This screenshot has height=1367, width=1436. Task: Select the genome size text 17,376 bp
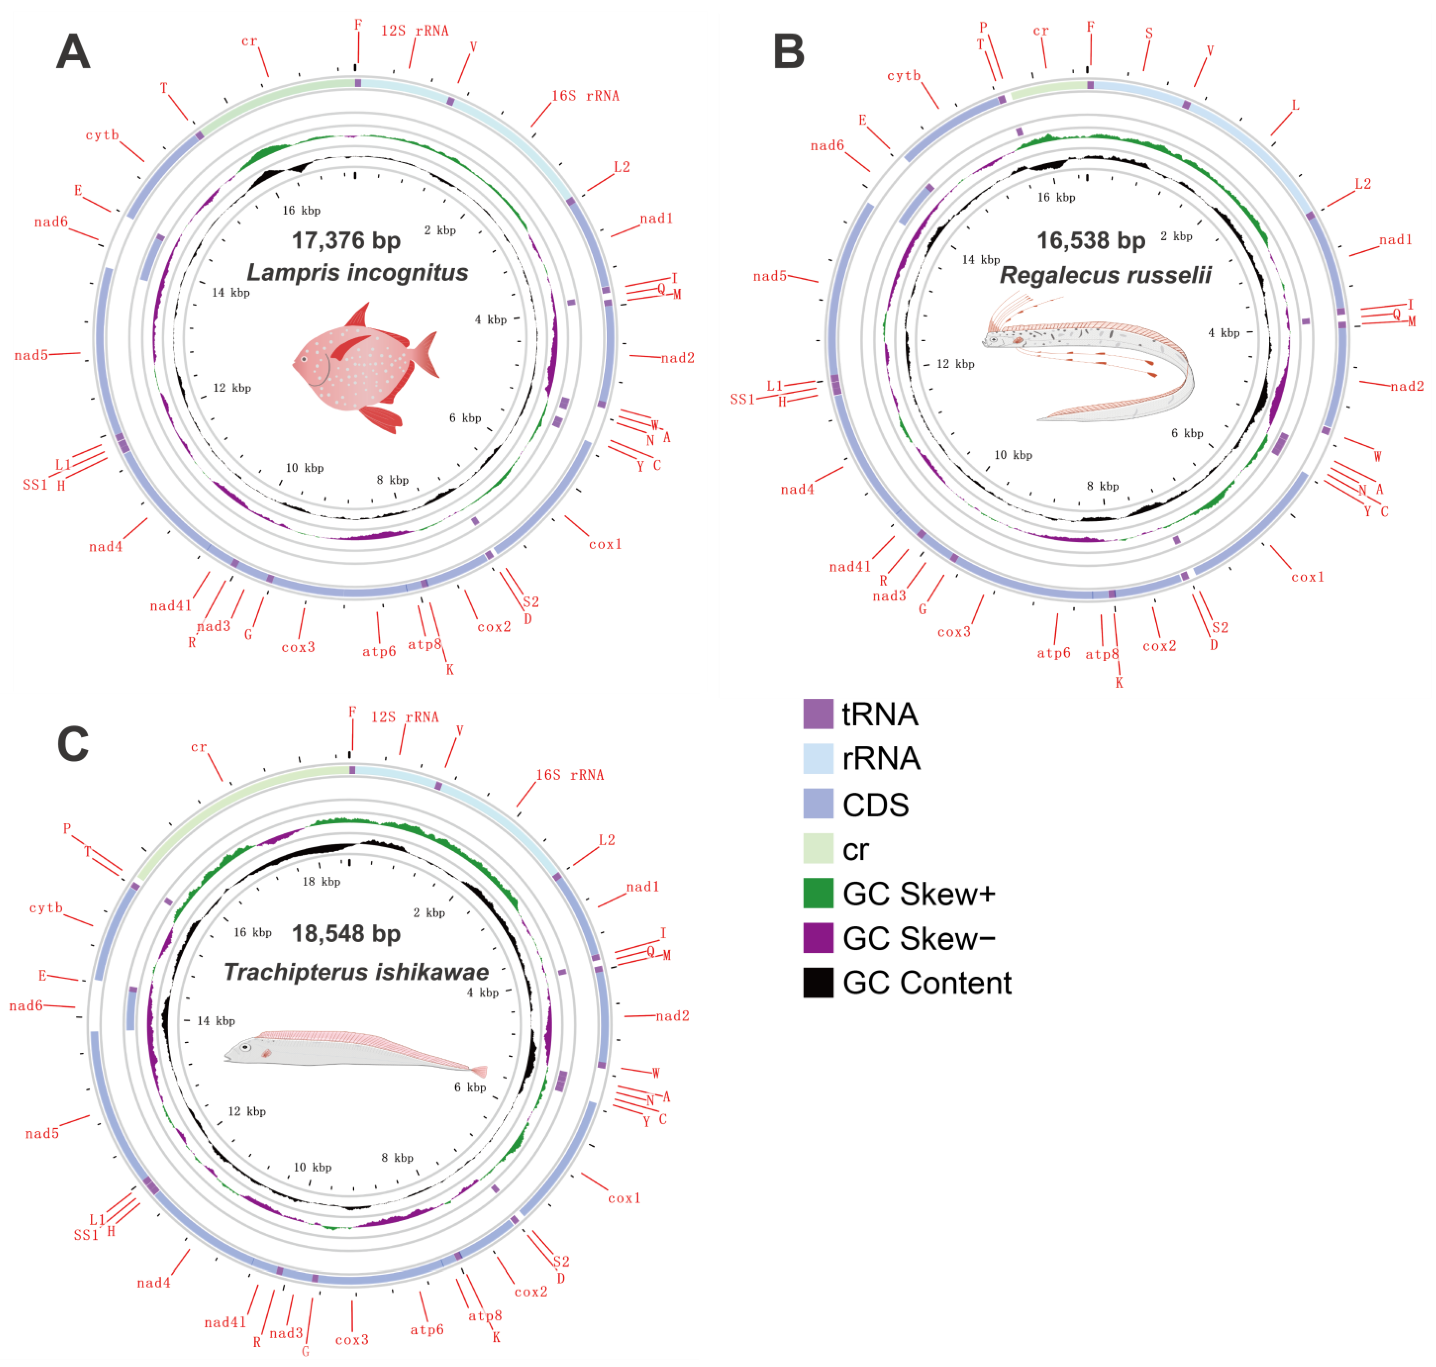point(346,240)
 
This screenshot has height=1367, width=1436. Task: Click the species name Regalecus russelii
point(1105,275)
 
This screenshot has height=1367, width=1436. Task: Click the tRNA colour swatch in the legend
point(818,714)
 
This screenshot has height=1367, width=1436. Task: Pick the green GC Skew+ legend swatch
point(818,893)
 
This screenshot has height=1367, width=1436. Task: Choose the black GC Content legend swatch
point(818,982)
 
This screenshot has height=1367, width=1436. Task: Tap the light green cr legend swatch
point(818,849)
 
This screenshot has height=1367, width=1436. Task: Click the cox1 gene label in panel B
point(1308,577)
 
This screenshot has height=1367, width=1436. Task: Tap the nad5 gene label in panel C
point(42,1134)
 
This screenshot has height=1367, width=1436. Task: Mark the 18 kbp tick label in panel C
point(321,882)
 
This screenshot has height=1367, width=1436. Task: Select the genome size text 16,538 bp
point(1091,240)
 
